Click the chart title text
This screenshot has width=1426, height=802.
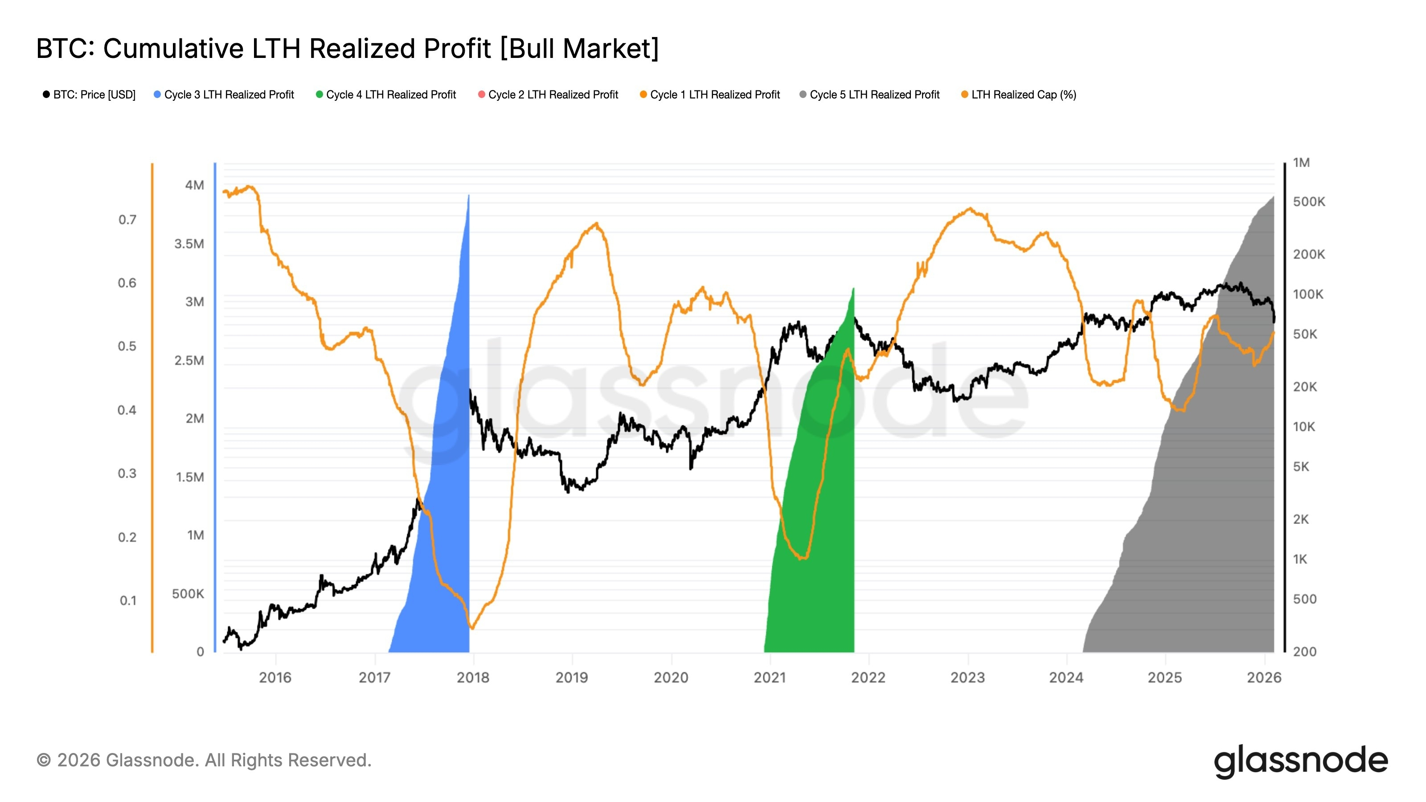tap(347, 49)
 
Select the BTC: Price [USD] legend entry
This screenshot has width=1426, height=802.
tap(89, 94)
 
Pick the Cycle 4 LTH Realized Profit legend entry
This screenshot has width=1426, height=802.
tap(386, 94)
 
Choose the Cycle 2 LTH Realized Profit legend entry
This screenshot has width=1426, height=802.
tap(548, 94)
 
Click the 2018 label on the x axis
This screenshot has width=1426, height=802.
tap(473, 677)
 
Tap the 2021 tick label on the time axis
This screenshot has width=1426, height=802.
tap(770, 677)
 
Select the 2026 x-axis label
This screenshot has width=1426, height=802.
tap(1264, 677)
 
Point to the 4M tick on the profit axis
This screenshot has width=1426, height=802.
tap(194, 185)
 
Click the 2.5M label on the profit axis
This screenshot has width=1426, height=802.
tap(189, 361)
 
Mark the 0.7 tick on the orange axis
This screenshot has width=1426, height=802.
tap(127, 220)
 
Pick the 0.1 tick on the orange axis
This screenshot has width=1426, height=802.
tap(128, 601)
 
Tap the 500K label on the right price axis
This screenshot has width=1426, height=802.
tap(1309, 202)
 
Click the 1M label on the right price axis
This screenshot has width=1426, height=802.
tap(1301, 163)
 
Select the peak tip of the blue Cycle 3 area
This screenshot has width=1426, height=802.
tap(469, 196)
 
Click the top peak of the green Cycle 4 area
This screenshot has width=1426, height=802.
tap(853, 289)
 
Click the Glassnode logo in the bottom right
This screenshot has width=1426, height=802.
tap(1300, 761)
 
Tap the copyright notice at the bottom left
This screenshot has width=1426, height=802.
tap(204, 761)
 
